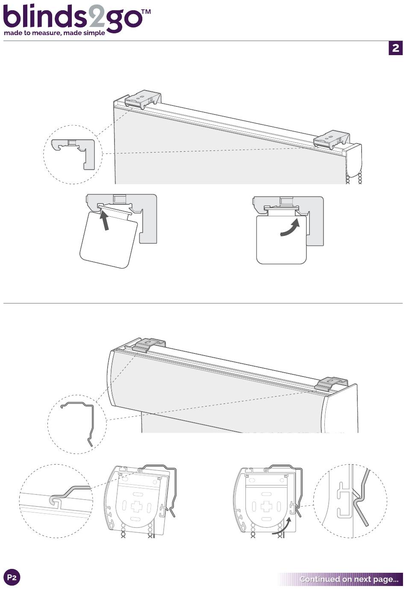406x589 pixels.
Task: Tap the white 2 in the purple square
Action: pyautogui.click(x=395, y=48)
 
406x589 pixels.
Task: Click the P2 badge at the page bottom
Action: pyautogui.click(x=12, y=577)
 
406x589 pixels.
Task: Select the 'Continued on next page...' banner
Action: pyautogui.click(x=341, y=579)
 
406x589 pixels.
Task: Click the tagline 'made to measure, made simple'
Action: pyautogui.click(x=54, y=33)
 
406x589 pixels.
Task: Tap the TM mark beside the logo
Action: pyautogui.click(x=146, y=12)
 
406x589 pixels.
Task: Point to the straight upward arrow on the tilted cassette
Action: pyautogui.click(x=104, y=221)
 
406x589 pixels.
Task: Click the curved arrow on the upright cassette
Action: pyautogui.click(x=290, y=228)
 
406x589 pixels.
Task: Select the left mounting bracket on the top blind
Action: pyautogui.click(x=143, y=100)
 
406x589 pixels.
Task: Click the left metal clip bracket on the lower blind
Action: pyautogui.click(x=149, y=345)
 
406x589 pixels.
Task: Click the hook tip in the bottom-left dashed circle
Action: pyautogui.click(x=54, y=501)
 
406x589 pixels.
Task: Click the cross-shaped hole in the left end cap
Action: pyautogui.click(x=136, y=505)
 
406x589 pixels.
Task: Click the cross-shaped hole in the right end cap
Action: pyautogui.click(x=266, y=505)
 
